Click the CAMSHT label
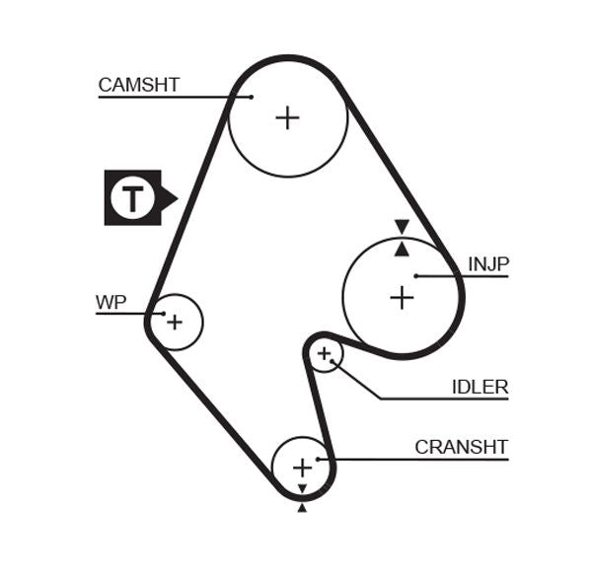(x=138, y=85)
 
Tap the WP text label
(x=111, y=302)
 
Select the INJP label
(x=487, y=264)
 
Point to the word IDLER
(x=480, y=388)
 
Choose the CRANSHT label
(x=461, y=447)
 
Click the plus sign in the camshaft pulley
(x=287, y=118)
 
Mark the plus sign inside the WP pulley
(x=175, y=322)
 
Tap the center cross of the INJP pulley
(x=402, y=297)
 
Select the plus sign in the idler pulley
(x=324, y=353)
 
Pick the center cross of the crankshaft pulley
(x=302, y=467)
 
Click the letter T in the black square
(x=131, y=198)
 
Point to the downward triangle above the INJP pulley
(x=402, y=227)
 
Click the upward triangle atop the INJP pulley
(x=402, y=249)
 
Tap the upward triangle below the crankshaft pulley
(x=302, y=508)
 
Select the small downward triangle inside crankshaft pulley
(x=302, y=488)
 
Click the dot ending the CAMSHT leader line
(x=251, y=97)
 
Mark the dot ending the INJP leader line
(x=416, y=276)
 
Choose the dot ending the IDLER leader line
(x=333, y=362)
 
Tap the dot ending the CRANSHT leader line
(x=318, y=459)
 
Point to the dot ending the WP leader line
(x=160, y=314)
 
